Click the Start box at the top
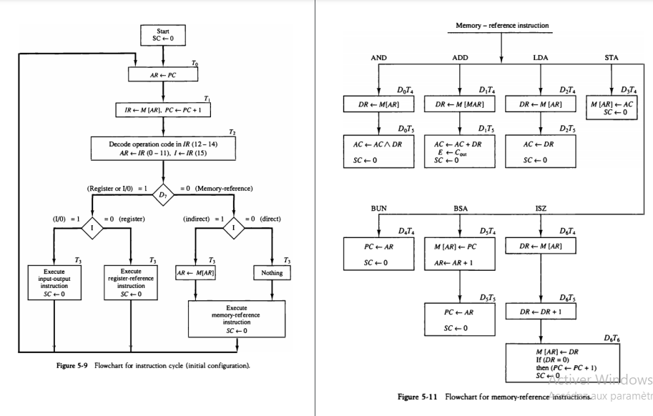163,34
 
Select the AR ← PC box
163,73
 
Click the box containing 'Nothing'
271,273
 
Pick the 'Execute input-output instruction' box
54,279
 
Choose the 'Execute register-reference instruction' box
131,279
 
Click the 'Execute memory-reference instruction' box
236,318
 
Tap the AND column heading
380,56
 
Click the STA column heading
613,56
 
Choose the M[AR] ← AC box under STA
613,108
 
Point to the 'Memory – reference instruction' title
502,26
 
